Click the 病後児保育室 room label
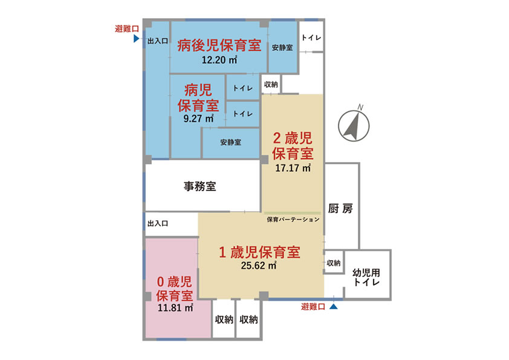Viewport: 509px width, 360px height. pos(219,45)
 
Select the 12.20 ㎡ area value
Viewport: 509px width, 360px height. pos(219,60)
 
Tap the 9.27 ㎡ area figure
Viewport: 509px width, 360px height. pos(198,118)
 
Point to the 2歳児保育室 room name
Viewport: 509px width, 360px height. pos(293,146)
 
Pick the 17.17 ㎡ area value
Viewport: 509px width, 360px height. pos(293,168)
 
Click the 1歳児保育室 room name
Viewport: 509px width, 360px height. pos(259,252)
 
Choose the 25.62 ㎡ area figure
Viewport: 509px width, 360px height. pos(259,266)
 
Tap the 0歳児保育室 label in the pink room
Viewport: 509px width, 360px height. pos(175,289)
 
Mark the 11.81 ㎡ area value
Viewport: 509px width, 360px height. pos(175,307)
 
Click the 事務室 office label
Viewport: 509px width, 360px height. pos(199,186)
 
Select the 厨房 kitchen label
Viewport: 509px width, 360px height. pos(340,208)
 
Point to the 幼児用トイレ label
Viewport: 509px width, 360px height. pos(366,277)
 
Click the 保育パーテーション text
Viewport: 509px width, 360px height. pos(293,220)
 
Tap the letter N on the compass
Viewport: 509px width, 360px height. pos(360,107)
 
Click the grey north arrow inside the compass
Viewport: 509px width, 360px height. pos(352,126)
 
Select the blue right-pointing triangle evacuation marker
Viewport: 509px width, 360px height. pos(137,39)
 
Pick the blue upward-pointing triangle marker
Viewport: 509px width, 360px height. pos(333,306)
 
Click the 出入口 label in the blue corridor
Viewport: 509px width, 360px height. pos(158,41)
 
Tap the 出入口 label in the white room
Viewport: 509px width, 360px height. pos(158,223)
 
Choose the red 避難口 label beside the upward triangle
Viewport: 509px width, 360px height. pos(313,307)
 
